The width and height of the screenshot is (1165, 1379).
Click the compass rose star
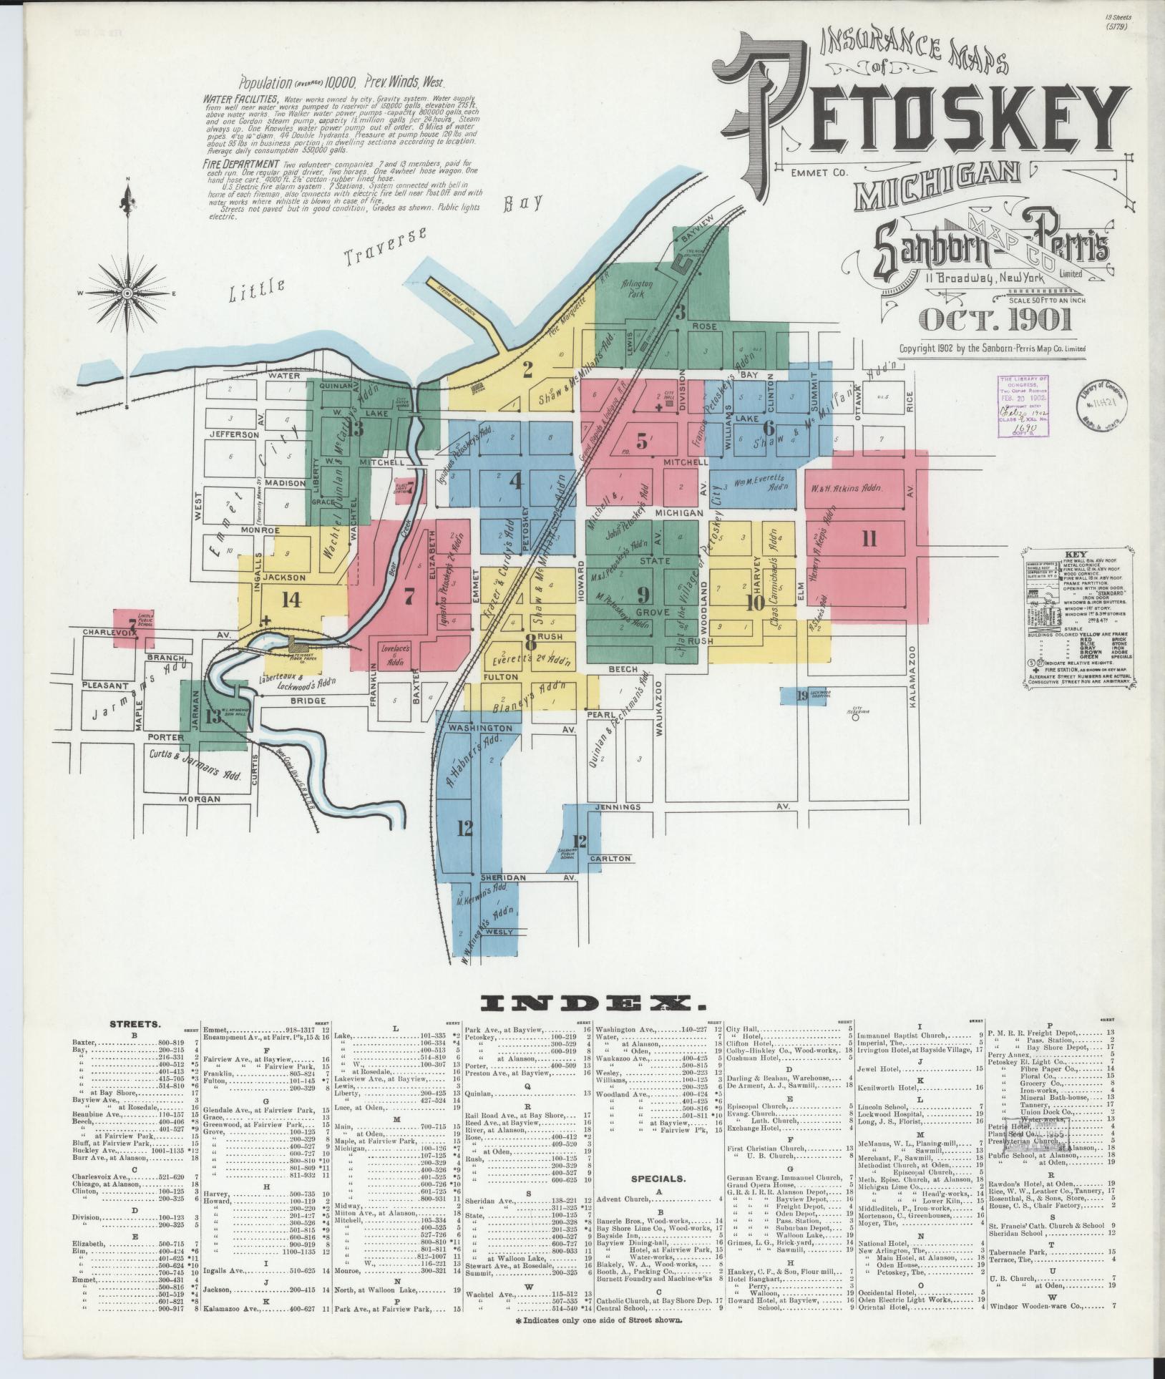[127, 293]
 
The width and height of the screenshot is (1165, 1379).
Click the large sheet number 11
[869, 538]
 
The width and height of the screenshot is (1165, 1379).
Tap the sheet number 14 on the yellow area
[291, 600]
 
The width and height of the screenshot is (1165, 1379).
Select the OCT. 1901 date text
[995, 319]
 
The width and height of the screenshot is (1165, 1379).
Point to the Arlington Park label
[637, 288]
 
